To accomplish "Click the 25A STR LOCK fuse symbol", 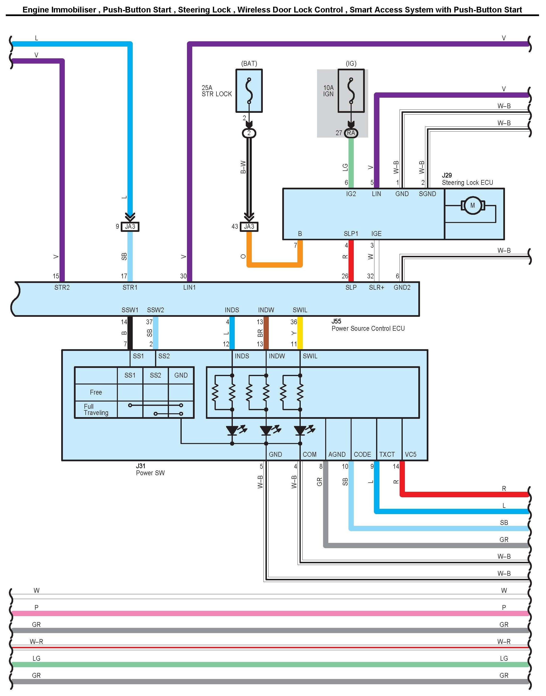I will [249, 91].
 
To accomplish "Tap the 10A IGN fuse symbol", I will [351, 91].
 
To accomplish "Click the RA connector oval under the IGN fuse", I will [351, 133].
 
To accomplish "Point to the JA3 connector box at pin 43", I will [249, 227].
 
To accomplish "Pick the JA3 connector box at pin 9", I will [130, 227].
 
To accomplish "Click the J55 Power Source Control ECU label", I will [368, 325].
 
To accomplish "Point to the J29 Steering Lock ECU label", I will [467, 179].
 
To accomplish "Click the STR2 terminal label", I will [62, 288].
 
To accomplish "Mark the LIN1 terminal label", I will [189, 288].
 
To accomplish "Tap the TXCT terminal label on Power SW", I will [387, 454].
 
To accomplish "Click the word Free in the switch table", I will [96, 392].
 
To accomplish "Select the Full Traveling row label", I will [96, 409].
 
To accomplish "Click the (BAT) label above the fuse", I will [249, 63].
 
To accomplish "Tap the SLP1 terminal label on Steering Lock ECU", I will [351, 234].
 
